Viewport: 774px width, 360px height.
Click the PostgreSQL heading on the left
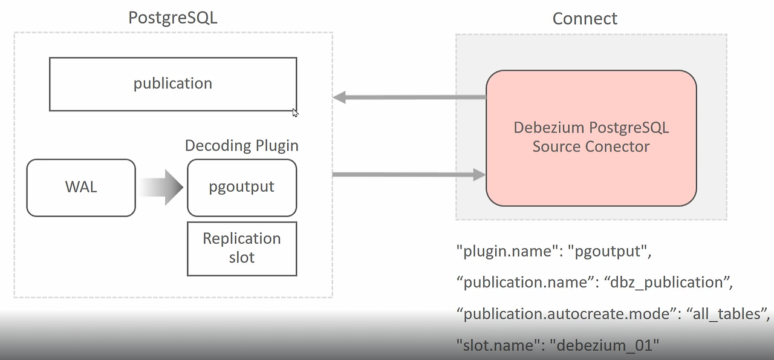[172, 18]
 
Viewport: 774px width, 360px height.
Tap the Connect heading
[585, 19]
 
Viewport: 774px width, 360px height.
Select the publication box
[172, 83]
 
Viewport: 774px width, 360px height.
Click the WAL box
[81, 187]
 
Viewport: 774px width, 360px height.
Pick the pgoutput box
[241, 187]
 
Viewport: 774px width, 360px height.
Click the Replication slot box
[241, 248]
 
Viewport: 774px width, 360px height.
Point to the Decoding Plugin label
[241, 146]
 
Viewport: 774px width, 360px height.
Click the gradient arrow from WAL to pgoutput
[161, 188]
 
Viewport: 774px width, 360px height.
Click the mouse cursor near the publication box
[295, 112]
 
